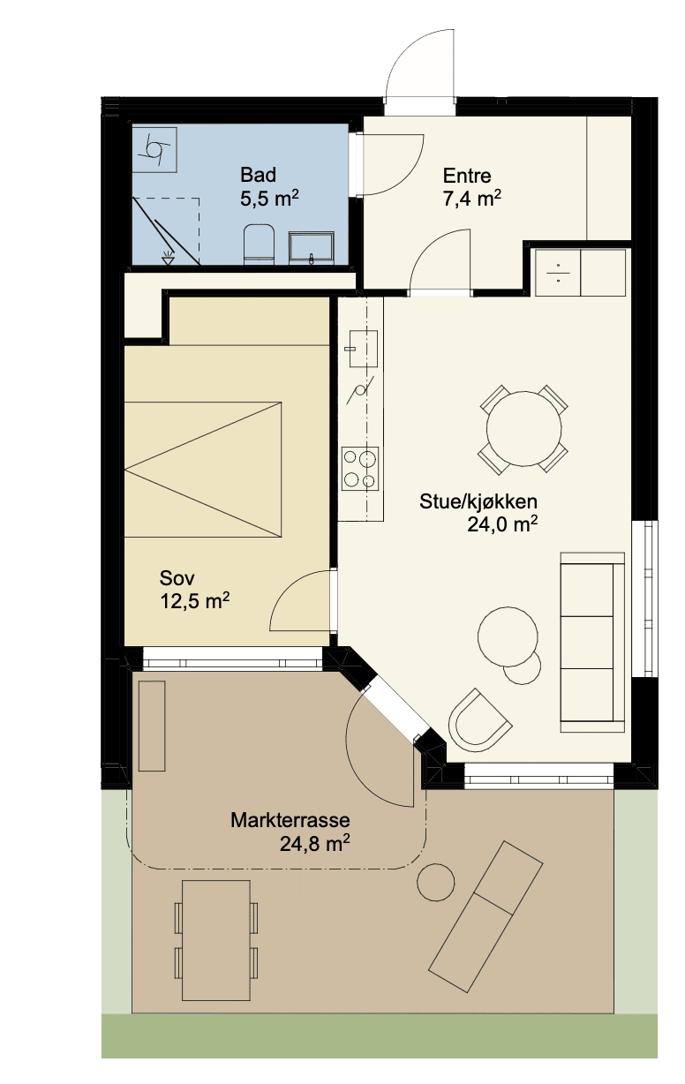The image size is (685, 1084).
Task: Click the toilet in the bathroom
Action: (x=259, y=245)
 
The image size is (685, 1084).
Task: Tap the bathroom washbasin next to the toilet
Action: (x=311, y=248)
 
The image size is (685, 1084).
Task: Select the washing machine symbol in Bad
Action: (x=154, y=150)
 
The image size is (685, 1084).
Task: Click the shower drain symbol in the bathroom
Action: (x=168, y=259)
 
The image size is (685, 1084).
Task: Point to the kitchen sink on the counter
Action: (x=363, y=349)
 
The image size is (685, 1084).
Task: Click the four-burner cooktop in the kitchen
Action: (x=359, y=469)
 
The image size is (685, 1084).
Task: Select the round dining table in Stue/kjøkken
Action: (x=524, y=429)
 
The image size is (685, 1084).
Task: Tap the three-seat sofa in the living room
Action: (x=592, y=642)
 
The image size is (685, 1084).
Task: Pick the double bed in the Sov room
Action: (x=203, y=469)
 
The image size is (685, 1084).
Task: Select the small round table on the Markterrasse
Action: (x=436, y=882)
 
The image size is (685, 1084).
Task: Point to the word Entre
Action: (x=467, y=176)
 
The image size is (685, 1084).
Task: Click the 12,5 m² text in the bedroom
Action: (x=194, y=601)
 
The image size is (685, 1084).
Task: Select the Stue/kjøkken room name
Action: (x=478, y=501)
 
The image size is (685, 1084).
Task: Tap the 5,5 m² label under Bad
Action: (x=269, y=199)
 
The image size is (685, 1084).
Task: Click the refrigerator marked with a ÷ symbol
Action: (x=558, y=273)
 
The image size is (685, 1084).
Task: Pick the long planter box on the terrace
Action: (x=152, y=726)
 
